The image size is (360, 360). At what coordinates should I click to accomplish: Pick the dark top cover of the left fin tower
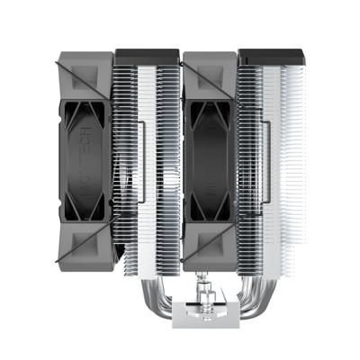click(x=147, y=55)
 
